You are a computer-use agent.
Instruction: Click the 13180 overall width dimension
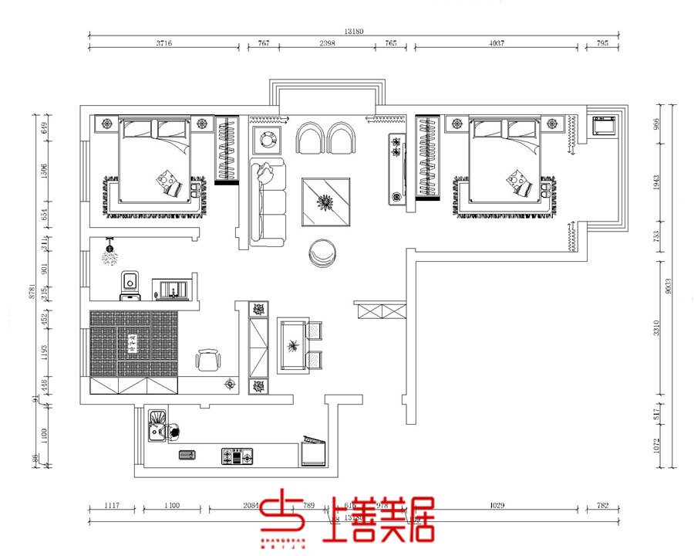coord(354,32)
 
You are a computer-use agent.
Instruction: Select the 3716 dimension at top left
coord(163,44)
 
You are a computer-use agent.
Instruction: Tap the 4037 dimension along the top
coord(497,44)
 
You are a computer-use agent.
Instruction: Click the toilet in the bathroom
coord(130,285)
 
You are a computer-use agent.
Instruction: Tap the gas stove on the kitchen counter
coord(238,456)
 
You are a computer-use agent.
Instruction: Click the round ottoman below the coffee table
coord(322,253)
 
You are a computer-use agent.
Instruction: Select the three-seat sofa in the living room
coord(267,203)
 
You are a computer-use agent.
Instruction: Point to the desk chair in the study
coord(208,359)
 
